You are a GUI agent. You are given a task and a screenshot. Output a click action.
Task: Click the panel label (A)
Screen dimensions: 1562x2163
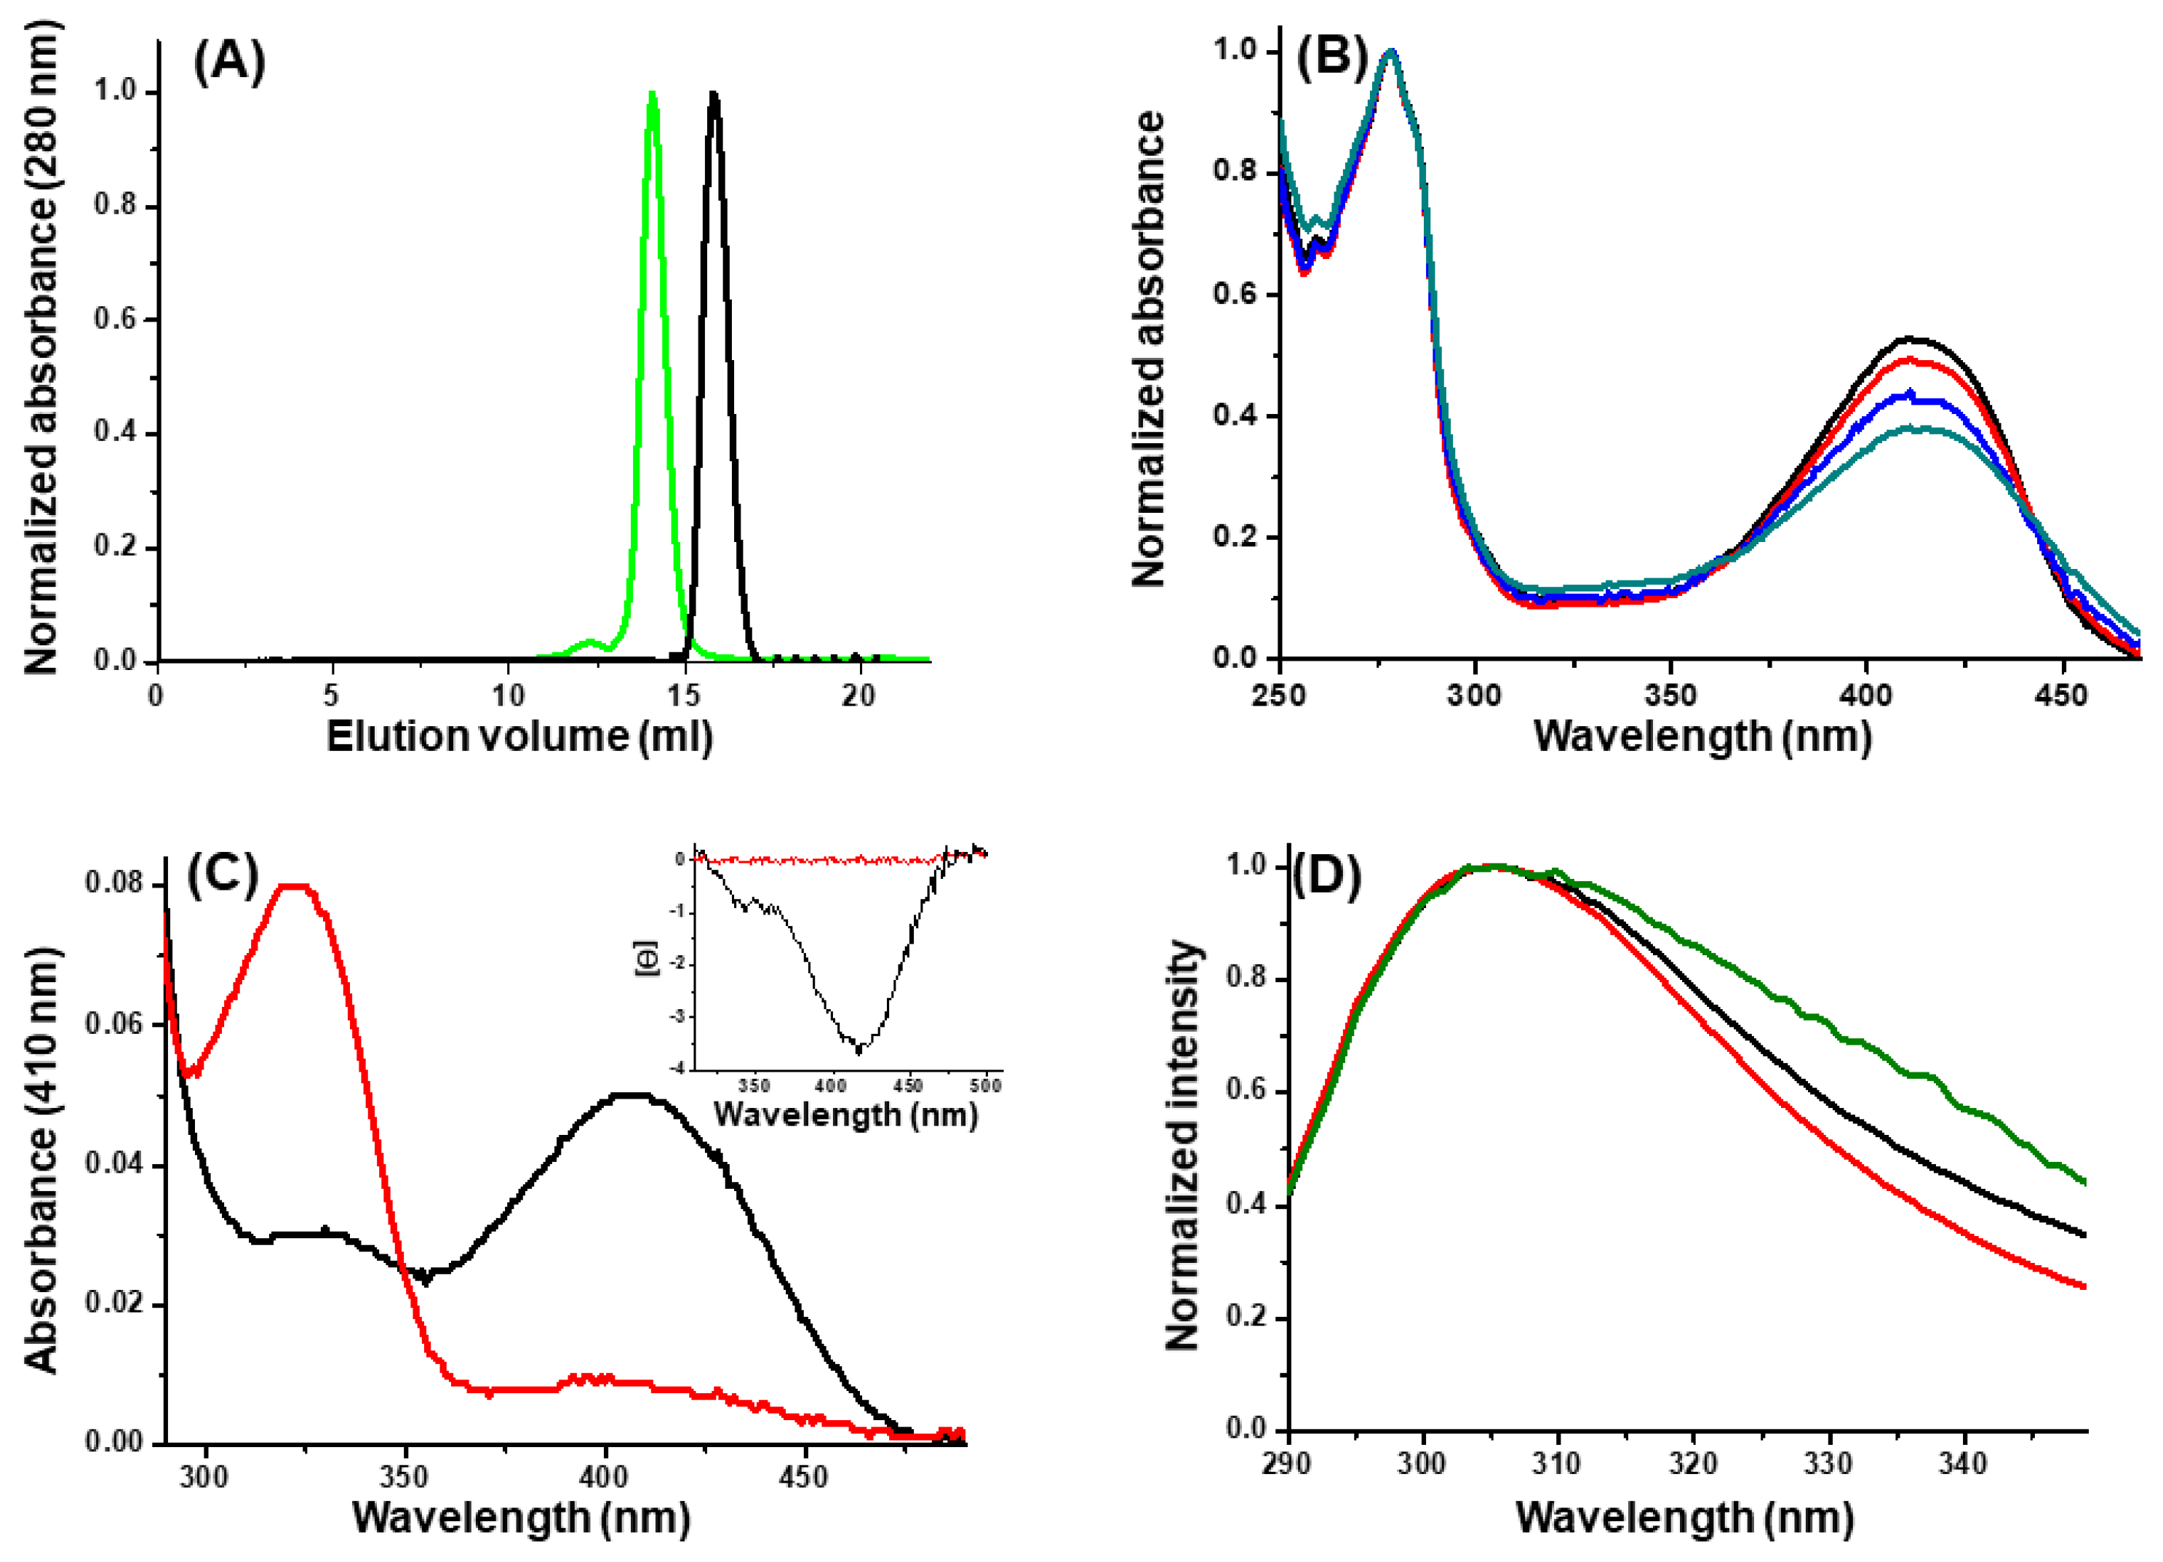pos(229,63)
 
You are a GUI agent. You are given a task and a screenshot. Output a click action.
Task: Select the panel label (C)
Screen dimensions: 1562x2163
pos(222,874)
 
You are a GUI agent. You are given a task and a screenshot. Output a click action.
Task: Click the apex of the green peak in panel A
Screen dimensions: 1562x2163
pos(653,93)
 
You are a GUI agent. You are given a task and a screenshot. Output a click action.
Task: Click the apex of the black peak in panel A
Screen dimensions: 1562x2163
pos(714,93)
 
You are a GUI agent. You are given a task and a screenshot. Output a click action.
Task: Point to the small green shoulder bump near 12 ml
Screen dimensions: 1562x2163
pos(589,642)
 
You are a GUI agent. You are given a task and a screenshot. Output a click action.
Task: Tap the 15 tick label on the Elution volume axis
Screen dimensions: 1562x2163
pos(684,696)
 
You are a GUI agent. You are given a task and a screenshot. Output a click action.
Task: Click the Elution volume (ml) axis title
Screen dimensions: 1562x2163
pos(519,737)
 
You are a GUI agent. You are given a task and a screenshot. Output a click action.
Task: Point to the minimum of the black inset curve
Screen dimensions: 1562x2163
pos(859,1051)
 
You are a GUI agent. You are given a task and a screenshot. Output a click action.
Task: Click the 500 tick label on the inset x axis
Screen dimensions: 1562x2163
pos(985,1085)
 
